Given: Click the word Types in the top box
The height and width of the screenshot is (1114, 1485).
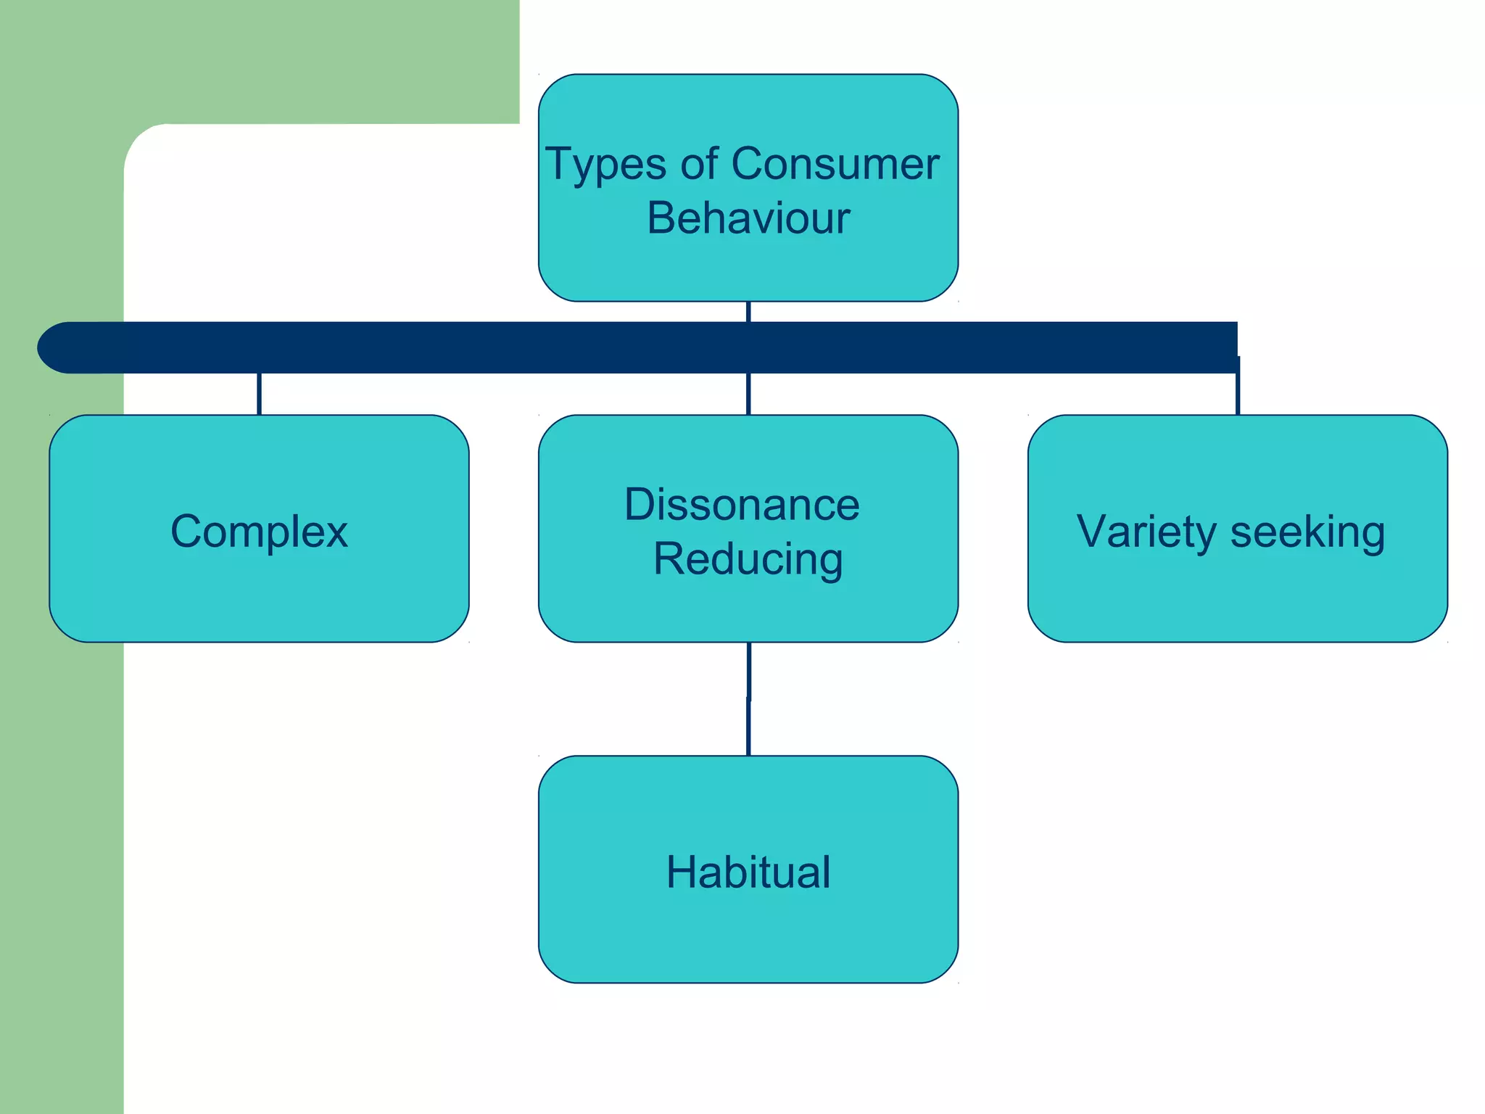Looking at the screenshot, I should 605,165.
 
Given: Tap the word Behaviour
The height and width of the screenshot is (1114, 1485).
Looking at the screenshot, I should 748,218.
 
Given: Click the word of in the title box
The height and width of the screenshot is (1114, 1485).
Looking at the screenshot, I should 699,164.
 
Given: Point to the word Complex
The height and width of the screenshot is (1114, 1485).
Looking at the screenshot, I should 259,532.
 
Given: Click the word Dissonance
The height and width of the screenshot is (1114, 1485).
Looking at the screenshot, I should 742,504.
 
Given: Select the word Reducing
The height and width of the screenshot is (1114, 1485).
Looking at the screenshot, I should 748,559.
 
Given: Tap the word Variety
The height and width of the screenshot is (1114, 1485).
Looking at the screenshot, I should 1145,532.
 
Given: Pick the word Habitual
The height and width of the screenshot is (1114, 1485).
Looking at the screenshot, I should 748,872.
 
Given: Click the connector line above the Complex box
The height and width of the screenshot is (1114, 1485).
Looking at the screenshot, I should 259,394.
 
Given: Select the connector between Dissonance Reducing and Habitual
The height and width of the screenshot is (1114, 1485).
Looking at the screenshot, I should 748,698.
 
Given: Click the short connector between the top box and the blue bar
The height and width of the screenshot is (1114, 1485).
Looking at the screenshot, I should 748,312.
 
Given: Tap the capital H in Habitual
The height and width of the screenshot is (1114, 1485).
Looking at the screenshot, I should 682,872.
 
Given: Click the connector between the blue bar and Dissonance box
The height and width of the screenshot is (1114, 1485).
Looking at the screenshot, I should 748,394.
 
